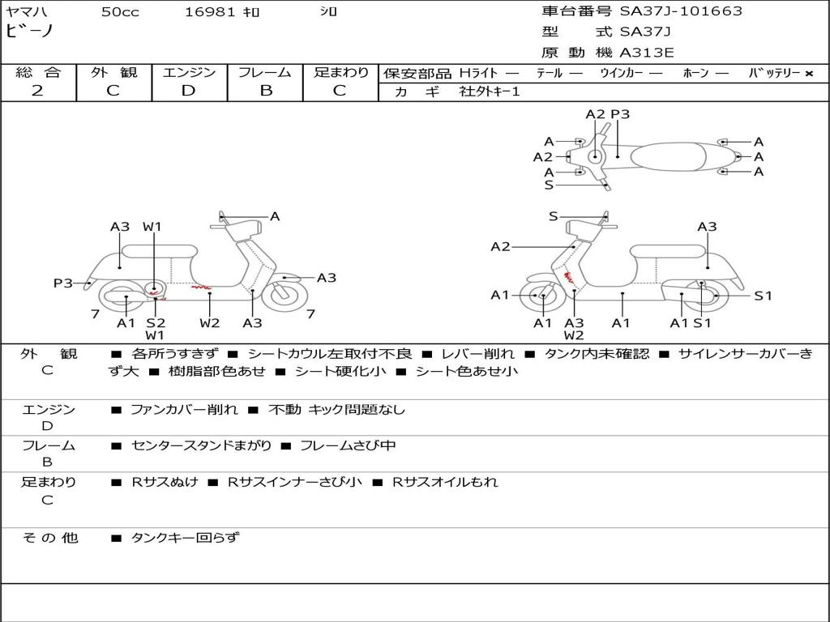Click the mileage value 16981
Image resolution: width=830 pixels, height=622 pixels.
210,12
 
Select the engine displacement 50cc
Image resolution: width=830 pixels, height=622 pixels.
120,12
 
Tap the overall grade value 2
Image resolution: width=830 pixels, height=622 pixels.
37,91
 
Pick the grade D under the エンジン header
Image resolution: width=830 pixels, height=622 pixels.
188,91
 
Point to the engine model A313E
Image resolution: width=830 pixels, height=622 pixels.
647,53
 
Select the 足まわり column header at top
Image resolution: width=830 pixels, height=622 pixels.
341,72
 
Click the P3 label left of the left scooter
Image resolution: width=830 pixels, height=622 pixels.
63,283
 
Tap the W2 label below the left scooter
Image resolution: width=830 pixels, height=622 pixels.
210,323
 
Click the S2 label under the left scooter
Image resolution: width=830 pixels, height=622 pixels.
156,323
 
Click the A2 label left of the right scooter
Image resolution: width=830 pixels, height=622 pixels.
500,246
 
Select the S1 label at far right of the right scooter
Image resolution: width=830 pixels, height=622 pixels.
763,296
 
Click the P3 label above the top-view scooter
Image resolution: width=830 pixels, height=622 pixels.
620,114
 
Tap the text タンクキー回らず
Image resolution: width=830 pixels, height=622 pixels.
185,537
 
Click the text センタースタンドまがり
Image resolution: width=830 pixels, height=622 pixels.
202,445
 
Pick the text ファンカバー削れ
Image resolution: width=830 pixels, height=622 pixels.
184,410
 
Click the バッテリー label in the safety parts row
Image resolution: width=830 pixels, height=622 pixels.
774,73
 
